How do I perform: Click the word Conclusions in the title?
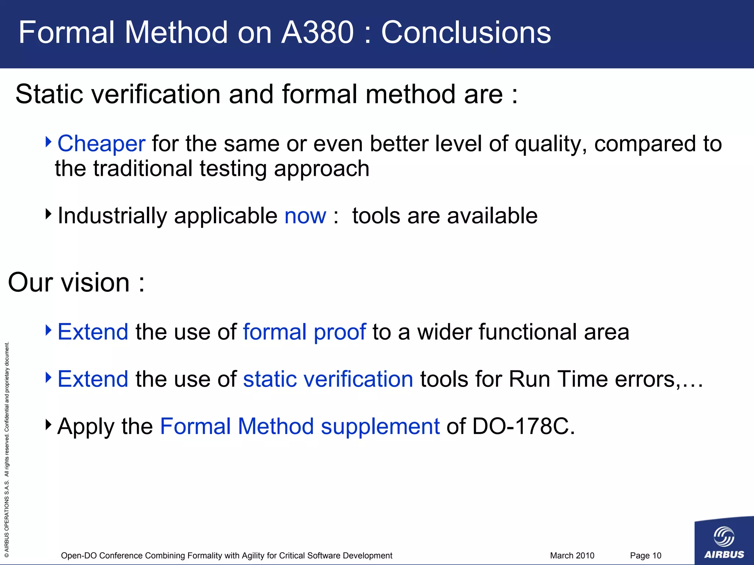point(466,32)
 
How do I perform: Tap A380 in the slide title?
point(317,32)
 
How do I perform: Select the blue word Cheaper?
point(102,143)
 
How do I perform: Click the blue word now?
point(305,216)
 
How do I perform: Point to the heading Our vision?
point(76,282)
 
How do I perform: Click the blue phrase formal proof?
point(304,332)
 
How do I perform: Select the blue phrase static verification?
point(328,379)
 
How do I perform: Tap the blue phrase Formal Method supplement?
point(300,426)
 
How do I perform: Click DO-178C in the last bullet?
point(523,426)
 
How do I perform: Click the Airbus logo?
point(724,541)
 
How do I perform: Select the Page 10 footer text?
point(645,555)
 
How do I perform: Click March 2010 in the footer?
point(572,555)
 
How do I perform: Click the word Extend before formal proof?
point(93,332)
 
